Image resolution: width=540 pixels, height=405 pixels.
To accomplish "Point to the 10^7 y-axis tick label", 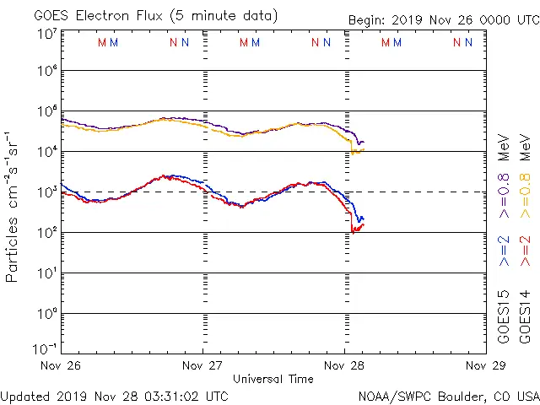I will click(46, 33).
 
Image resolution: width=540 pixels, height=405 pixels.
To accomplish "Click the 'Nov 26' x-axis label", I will click(61, 366).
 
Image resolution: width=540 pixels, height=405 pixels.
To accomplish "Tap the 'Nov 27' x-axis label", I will click(202, 366).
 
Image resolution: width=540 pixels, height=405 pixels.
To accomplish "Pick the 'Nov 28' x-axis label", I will click(344, 366).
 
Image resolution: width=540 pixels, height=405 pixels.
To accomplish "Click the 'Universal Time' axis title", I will click(273, 379).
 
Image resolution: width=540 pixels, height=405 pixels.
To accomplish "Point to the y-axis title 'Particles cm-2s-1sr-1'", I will click(13, 207).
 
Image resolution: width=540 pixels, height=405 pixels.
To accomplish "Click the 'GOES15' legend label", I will click(504, 316).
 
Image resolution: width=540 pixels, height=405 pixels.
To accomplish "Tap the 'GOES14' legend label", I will click(525, 316).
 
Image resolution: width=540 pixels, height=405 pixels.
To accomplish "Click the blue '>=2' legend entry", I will click(504, 251).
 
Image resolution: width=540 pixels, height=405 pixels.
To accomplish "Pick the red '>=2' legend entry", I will click(525, 251).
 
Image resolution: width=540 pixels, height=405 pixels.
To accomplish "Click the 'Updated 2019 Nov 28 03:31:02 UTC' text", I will click(114, 395).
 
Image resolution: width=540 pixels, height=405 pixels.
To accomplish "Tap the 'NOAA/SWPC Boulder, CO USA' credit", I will click(448, 395).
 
